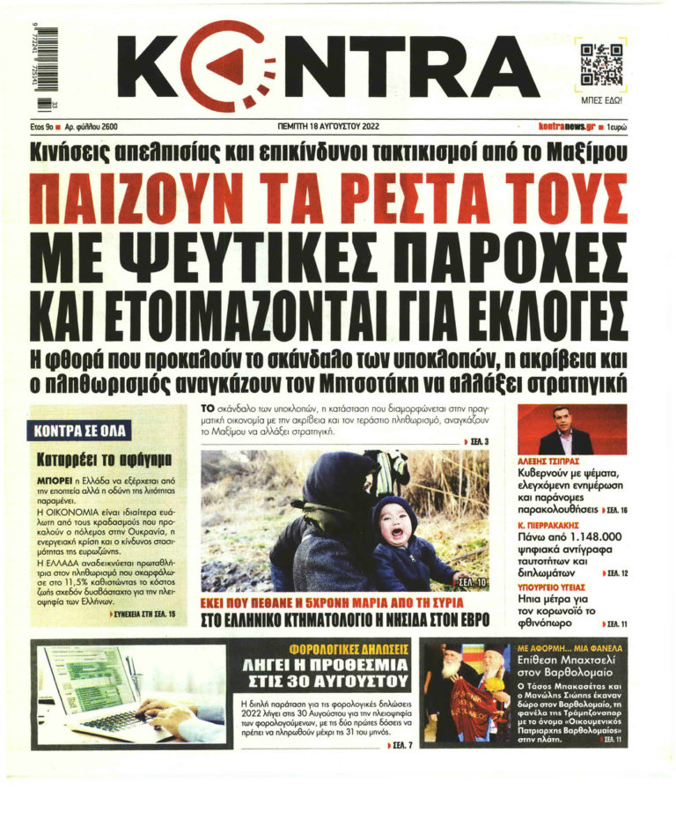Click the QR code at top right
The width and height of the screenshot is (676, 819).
(602, 64)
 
